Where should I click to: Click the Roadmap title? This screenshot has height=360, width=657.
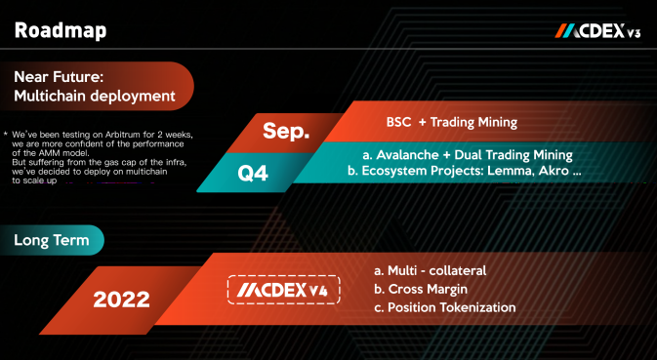[61, 30]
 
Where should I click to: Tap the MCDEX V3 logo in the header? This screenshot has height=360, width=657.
[597, 31]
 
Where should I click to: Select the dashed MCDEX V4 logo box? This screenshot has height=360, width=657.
[284, 290]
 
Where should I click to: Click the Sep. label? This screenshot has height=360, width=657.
[286, 131]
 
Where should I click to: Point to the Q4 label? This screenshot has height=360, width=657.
[253, 173]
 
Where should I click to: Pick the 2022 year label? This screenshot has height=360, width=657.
[121, 300]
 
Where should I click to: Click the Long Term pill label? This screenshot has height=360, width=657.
[52, 240]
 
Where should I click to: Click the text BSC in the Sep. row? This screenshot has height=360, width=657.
[398, 122]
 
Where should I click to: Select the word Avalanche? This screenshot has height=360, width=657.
[407, 155]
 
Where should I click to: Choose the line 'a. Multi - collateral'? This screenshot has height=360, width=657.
[431, 270]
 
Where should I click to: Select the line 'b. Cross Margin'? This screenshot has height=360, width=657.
[421, 289]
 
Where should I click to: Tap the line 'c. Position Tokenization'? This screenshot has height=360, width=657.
[445, 307]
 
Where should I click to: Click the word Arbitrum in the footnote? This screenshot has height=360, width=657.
[123, 135]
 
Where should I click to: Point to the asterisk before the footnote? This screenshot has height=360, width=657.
[6, 134]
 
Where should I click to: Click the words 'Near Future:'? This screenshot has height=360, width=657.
[59, 77]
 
